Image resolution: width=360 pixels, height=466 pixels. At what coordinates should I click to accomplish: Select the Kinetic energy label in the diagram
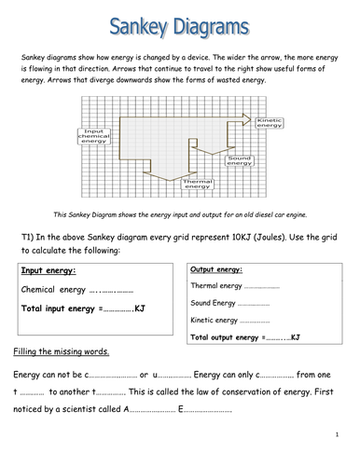270,123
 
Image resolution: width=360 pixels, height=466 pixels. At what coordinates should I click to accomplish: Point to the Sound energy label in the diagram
237,162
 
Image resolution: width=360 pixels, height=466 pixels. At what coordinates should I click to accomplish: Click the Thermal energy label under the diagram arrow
198,184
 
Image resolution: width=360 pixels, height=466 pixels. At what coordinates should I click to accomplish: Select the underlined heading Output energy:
217,267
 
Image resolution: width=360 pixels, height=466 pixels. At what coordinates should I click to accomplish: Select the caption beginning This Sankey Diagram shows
180,213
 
